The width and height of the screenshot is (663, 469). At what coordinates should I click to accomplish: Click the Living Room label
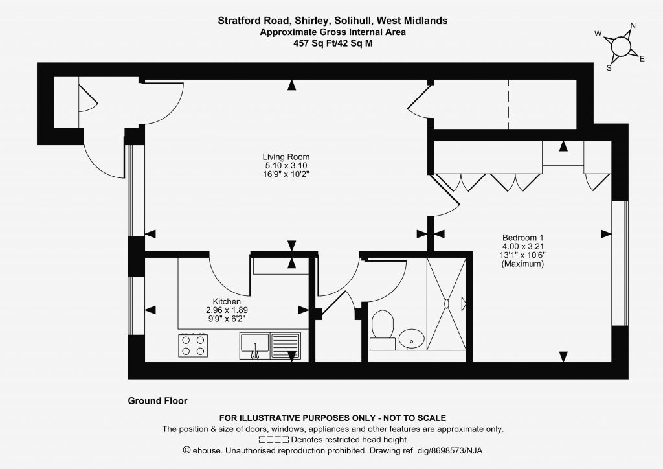click(x=286, y=157)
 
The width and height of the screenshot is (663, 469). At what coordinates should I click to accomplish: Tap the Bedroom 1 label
click(x=523, y=238)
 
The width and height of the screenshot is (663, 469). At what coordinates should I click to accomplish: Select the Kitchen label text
click(x=227, y=301)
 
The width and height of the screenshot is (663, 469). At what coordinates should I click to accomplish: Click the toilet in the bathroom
click(x=383, y=330)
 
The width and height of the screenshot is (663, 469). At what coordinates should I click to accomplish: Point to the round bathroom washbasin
click(x=411, y=339)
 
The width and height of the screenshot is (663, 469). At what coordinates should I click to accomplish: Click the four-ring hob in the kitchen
click(x=193, y=345)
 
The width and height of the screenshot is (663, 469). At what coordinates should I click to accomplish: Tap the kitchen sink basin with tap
click(x=254, y=345)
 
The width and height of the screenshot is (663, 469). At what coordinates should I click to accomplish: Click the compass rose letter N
click(x=633, y=25)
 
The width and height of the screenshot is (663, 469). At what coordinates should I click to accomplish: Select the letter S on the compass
click(x=609, y=68)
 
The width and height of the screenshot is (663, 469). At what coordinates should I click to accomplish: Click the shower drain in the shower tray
click(x=447, y=303)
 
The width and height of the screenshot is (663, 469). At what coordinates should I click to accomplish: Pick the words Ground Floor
click(x=158, y=401)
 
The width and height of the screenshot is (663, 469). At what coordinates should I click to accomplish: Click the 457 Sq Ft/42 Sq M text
click(x=333, y=43)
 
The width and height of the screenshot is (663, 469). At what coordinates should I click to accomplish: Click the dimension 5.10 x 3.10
click(x=286, y=165)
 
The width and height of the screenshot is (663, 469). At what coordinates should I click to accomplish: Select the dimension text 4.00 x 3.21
click(x=523, y=246)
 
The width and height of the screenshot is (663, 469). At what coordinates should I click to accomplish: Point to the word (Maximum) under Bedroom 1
click(x=523, y=264)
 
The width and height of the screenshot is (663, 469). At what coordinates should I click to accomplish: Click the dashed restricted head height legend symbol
click(x=274, y=440)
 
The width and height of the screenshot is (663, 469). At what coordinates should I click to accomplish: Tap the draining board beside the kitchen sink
click(x=286, y=345)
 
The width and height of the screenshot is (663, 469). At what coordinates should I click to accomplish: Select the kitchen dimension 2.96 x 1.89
click(x=227, y=310)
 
